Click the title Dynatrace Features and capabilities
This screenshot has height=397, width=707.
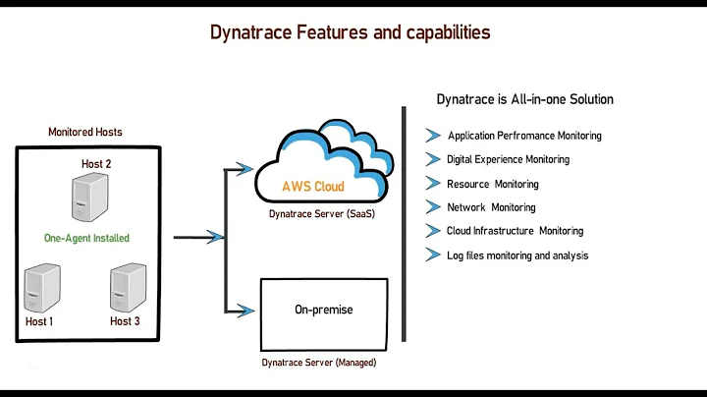[x=351, y=32]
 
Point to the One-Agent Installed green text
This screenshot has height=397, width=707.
[x=86, y=238]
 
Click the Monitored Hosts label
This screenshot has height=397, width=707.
[x=85, y=132]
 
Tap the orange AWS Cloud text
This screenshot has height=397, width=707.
[x=313, y=186]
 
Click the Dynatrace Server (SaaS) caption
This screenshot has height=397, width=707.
[x=322, y=213]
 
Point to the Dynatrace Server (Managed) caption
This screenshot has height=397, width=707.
[x=319, y=363]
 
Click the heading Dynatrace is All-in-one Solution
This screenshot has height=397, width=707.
[x=524, y=100]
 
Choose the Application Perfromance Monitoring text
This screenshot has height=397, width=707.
[x=524, y=136]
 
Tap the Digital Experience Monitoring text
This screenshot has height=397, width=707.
[x=508, y=159]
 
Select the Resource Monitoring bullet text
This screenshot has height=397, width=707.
[x=492, y=184]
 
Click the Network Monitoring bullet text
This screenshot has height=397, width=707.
[x=491, y=207]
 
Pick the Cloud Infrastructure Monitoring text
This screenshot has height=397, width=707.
[x=515, y=231]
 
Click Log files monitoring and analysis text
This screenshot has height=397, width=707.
[x=517, y=255]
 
